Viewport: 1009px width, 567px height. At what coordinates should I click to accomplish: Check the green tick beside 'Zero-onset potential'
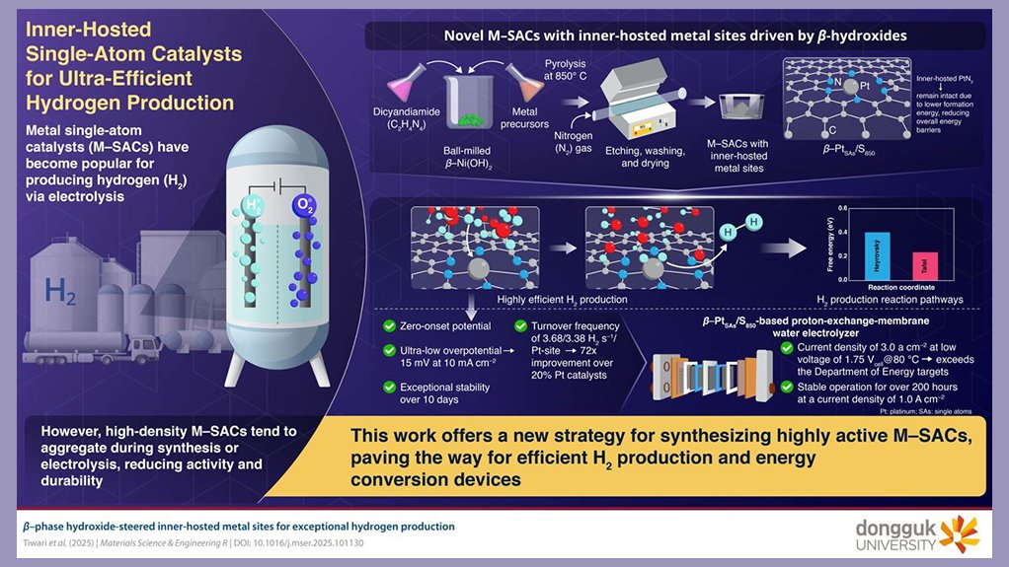click(379, 326)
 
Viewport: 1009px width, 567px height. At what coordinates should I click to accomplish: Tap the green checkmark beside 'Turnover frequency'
click(522, 326)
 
